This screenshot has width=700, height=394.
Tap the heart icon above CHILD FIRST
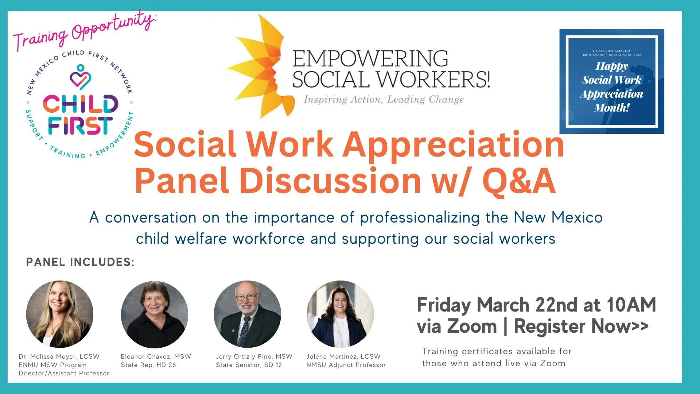[x=80, y=78]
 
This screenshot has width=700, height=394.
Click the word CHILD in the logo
[x=81, y=104]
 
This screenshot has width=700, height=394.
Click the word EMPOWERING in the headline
[x=370, y=59]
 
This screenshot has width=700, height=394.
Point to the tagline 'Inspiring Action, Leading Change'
[x=384, y=100]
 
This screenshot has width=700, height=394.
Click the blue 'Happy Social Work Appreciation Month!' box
[x=611, y=81]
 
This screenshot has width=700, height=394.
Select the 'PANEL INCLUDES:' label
[x=80, y=262]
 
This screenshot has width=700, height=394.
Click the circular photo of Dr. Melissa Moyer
[x=60, y=314]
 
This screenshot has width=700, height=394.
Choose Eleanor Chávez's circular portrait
[x=155, y=314]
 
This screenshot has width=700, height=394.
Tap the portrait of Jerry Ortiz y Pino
[x=248, y=314]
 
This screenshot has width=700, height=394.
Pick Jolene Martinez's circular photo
[x=341, y=314]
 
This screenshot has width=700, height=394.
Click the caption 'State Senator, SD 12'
[x=249, y=365]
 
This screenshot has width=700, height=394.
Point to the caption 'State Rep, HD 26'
[x=148, y=365]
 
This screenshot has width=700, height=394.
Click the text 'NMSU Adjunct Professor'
[x=346, y=365]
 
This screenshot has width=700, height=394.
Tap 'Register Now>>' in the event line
[x=581, y=326]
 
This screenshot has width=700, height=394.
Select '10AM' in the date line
[x=631, y=305]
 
